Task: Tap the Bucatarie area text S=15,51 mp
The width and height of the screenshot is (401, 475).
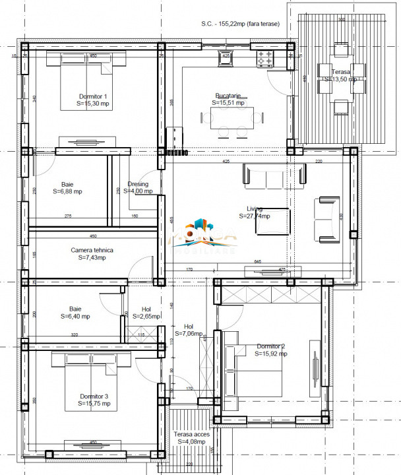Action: click(x=228, y=103)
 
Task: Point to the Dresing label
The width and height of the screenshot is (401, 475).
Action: click(x=138, y=184)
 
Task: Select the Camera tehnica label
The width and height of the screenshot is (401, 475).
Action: click(x=92, y=250)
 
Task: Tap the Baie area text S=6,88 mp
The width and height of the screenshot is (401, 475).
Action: click(x=72, y=191)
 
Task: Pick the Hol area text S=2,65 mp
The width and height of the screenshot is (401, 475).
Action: click(x=146, y=316)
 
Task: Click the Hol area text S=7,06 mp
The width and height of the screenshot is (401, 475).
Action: click(x=189, y=333)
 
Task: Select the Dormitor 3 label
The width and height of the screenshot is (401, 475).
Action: click(x=87, y=396)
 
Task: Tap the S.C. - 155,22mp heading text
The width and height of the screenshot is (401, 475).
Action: click(x=239, y=24)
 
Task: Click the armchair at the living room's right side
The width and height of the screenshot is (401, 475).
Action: click(x=326, y=218)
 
